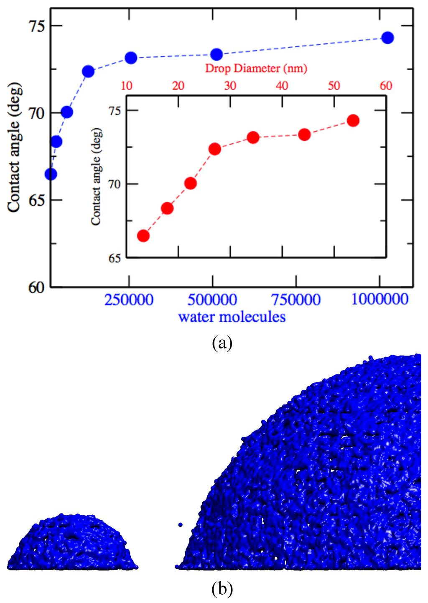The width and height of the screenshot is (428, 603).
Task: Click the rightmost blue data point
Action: tap(387, 38)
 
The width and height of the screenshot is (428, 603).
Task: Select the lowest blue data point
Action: tap(51, 174)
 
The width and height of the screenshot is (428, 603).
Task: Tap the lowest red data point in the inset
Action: tap(143, 236)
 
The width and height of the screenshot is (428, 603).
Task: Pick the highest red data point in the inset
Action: tap(353, 121)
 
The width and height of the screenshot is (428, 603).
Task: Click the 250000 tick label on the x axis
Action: tap(129, 300)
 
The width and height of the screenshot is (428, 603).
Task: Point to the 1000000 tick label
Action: tap(380, 299)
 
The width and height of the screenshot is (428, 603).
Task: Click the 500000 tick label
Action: tap(212, 300)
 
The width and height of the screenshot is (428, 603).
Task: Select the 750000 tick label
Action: tap(296, 300)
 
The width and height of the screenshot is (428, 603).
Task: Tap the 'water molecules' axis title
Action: tap(232, 317)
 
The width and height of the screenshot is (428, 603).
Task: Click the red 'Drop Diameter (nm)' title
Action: tap(256, 69)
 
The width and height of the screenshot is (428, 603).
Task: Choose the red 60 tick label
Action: tap(386, 86)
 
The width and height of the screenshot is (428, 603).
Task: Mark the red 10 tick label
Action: tap(127, 86)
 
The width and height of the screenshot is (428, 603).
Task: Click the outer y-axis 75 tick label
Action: tap(36, 26)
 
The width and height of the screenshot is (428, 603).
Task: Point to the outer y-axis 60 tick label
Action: tap(36, 288)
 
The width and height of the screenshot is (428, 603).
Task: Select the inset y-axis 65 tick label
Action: tap(115, 258)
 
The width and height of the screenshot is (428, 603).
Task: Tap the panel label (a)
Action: tap(222, 343)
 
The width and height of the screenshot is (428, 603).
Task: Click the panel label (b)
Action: tap(222, 589)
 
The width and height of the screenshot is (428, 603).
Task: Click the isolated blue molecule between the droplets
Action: tap(180, 524)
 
